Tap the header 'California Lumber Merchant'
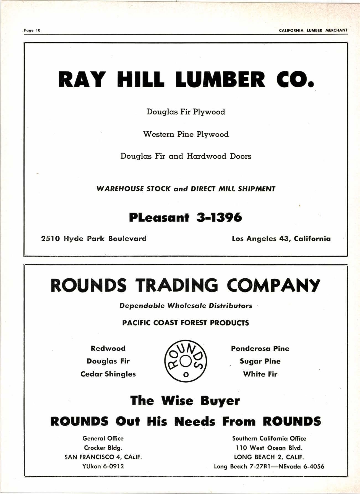(x=313, y=30)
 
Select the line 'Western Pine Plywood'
(x=186, y=135)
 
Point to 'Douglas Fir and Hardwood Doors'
(x=186, y=156)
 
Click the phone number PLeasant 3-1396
(x=185, y=218)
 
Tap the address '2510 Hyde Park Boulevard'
(x=94, y=239)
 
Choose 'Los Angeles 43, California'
(x=281, y=239)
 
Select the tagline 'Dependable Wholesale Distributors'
(x=186, y=306)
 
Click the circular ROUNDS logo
(x=186, y=361)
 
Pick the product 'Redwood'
(x=108, y=348)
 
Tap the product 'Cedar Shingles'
(x=108, y=374)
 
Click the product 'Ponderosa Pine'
(x=260, y=348)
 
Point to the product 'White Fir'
(x=260, y=374)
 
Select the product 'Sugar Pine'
(x=260, y=361)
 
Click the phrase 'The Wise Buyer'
(x=185, y=401)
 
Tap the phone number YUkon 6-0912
(x=103, y=466)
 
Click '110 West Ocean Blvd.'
(x=269, y=448)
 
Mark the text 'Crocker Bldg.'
(x=103, y=448)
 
